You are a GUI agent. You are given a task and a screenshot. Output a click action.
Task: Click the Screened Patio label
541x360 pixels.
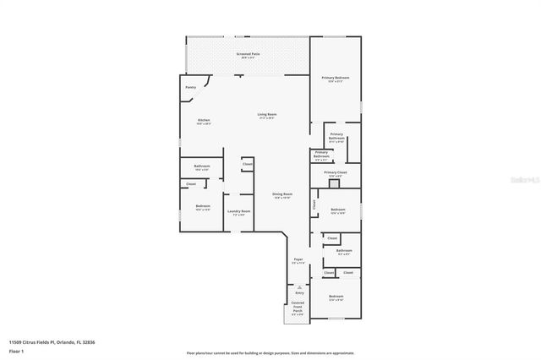coord(248,54)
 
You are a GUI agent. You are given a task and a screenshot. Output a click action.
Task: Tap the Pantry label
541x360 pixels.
coord(190,87)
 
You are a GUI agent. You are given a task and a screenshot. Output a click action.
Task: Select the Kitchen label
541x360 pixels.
coord(204,122)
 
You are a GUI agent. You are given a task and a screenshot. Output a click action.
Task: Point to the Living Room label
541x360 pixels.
coord(267,115)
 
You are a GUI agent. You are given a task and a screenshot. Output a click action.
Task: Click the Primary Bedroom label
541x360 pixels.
coord(335,79)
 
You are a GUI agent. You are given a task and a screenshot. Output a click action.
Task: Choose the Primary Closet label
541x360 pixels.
coord(335,173)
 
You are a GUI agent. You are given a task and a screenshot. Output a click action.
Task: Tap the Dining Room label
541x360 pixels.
coord(281,195)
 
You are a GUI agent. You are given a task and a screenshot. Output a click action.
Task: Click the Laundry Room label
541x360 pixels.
coord(239,212)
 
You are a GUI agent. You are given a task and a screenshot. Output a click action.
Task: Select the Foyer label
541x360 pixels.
coord(298,260)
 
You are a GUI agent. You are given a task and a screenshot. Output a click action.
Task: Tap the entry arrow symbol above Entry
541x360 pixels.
coord(298,286)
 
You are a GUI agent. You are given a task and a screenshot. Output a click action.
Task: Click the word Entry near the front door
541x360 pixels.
coord(298,293)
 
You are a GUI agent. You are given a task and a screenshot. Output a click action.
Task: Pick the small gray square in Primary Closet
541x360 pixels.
coord(334,183)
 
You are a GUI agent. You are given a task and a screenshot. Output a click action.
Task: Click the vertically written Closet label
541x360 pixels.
coord(314,204)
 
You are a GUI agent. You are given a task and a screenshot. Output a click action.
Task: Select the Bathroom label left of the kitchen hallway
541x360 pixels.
coord(202,166)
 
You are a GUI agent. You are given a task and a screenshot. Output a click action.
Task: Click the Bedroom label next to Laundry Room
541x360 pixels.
coord(203,207)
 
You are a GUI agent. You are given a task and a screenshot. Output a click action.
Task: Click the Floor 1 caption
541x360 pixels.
coord(16,350)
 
